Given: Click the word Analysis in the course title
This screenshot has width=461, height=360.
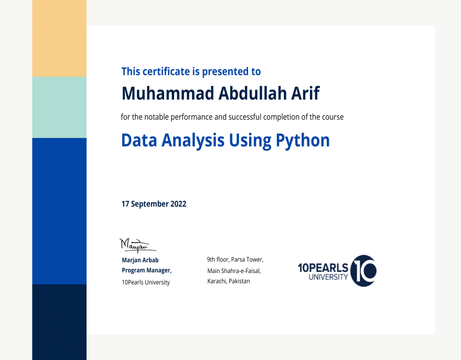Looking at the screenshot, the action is (193, 141).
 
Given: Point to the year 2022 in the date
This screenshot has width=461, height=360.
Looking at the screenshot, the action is (178, 204).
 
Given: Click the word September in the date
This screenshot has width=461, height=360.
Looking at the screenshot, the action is (149, 204).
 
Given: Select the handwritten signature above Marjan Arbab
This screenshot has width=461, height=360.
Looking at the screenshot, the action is (138, 245).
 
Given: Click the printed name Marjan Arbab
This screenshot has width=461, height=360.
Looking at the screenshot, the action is (140, 260).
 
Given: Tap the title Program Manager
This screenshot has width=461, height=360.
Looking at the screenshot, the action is (147, 270).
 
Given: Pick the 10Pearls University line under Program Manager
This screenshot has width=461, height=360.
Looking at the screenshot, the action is (146, 282).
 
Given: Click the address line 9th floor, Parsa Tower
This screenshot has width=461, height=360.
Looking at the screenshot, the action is (235, 259).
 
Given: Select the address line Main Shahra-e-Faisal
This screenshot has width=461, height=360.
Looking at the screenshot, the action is (234, 271).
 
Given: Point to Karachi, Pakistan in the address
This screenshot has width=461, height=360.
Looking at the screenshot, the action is (229, 281).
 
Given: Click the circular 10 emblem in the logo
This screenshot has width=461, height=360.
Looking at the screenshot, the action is (363, 271).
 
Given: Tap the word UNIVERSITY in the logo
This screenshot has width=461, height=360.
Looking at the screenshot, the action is (328, 277).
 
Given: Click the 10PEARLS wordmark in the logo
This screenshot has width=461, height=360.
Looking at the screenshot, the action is (323, 268).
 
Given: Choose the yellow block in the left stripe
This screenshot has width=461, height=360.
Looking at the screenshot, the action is (59, 38).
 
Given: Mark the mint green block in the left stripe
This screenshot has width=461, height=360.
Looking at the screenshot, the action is (59, 107).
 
